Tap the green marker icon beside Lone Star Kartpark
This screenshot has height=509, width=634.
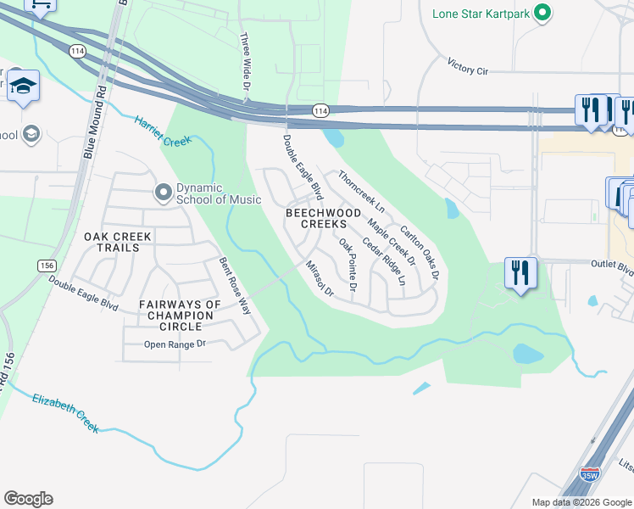coord(543,14)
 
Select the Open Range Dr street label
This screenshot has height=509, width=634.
coord(175,344)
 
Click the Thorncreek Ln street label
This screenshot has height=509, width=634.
coord(361,192)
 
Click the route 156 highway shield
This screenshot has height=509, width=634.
coord(47,266)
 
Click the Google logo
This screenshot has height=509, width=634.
coord(28,499)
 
